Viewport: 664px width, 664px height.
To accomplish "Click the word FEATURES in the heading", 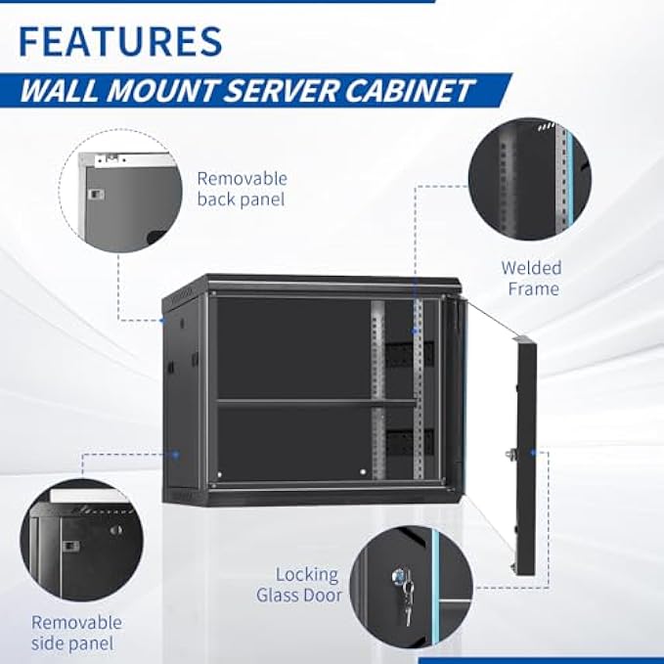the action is (x=120, y=41).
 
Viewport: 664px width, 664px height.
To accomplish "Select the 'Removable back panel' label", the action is (x=242, y=189).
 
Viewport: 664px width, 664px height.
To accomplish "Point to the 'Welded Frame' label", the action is (x=531, y=278).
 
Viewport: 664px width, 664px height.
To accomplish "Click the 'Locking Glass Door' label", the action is (x=298, y=585).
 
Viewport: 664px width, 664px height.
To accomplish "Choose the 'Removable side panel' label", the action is (x=76, y=632).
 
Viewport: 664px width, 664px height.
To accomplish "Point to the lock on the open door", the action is (x=510, y=453).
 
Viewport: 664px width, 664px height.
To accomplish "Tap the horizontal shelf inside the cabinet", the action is (x=316, y=401).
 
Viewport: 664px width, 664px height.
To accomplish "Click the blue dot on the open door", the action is (x=533, y=453).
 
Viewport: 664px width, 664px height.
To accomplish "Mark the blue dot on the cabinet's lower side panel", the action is (x=176, y=454).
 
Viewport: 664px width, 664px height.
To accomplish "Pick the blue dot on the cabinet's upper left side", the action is (x=164, y=319).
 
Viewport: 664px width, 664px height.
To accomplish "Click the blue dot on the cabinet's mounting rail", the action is (x=415, y=332).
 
